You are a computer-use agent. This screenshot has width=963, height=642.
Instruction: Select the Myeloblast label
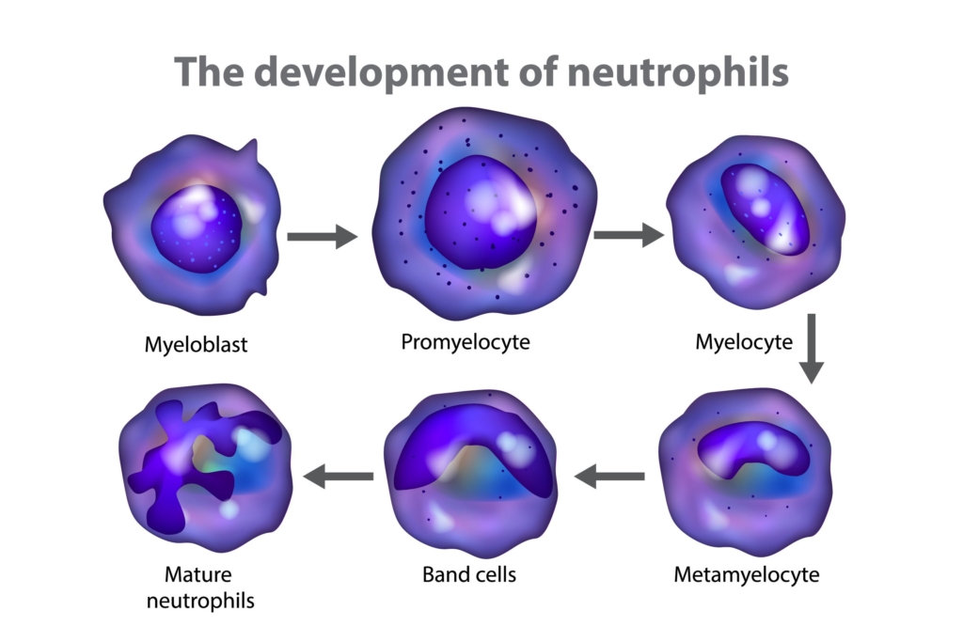196,345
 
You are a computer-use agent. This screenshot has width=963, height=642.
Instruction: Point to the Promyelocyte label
466,342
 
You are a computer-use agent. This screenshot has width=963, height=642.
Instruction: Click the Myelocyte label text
744,342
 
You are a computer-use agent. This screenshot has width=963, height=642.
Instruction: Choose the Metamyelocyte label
746,575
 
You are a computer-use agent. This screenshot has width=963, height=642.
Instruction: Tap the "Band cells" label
469,575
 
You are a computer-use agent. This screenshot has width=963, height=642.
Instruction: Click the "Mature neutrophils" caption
200,587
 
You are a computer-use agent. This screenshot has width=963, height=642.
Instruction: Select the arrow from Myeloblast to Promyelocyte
323,237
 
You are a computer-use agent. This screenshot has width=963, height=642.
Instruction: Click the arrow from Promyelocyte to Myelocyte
628,235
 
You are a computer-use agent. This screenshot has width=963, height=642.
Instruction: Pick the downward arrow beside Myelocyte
812,349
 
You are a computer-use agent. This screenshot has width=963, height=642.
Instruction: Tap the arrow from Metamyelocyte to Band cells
609,477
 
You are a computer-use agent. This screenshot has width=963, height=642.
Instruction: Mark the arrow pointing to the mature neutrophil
339,477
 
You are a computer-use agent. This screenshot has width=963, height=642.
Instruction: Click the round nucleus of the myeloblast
197,228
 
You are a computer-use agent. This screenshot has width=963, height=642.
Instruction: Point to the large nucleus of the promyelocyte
481,212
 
